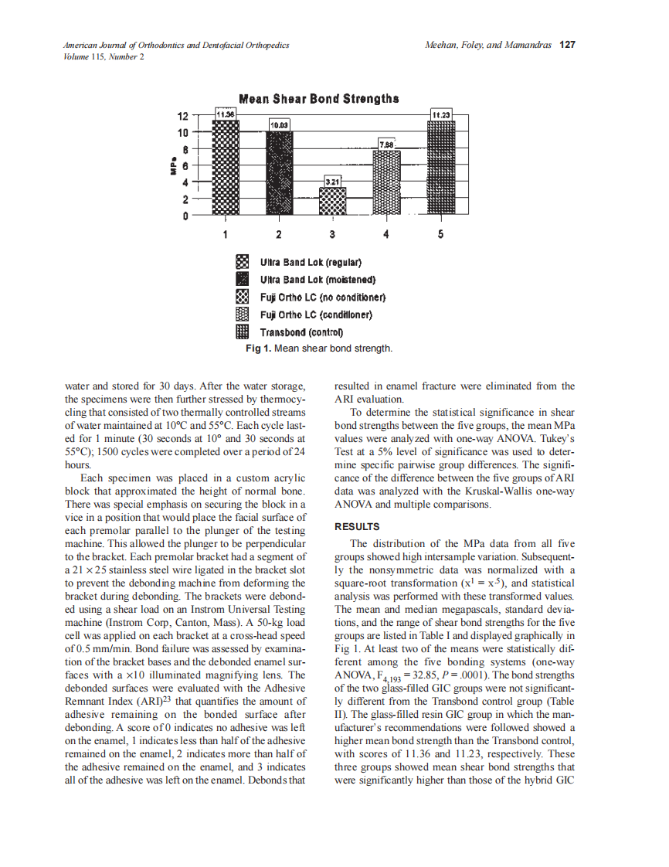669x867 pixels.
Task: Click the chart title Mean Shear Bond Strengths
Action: click(319, 99)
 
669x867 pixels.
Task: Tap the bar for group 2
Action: click(280, 173)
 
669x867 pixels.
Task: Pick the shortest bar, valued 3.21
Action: click(333, 202)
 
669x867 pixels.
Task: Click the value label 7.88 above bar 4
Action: click(387, 144)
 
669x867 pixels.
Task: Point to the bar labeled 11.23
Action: click(441, 167)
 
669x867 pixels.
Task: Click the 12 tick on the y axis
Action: click(182, 117)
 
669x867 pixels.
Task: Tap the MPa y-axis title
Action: click(175, 166)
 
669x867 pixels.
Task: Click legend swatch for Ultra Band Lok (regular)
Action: click(242, 262)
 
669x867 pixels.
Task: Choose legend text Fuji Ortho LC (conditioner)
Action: click(316, 314)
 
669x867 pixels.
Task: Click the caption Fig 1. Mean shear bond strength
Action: click(319, 348)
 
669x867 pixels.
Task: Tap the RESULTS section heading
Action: click(358, 527)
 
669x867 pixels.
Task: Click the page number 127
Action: click(567, 45)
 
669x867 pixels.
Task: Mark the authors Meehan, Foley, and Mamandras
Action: click(488, 45)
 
